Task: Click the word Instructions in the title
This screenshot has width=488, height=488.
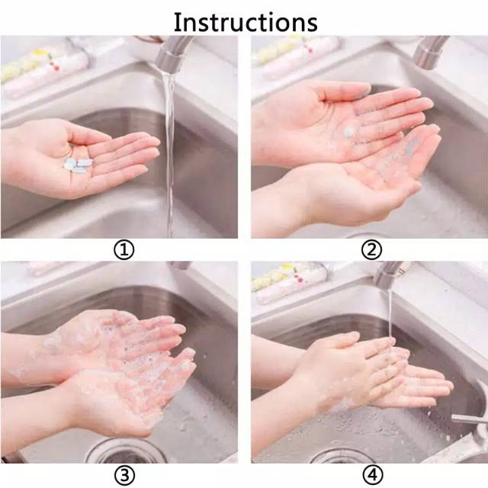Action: pos(245,21)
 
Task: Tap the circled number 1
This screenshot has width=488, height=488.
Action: pos(124,249)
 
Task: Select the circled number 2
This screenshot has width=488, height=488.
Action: pos(371,249)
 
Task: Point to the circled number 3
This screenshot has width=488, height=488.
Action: pos(124,475)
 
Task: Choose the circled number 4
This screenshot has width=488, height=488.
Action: pos(371,475)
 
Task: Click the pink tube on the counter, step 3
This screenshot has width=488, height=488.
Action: pos(46,268)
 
